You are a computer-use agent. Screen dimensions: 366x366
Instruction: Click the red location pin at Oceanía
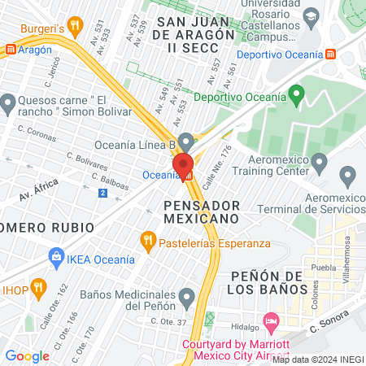pyautogui.click(x=182, y=163)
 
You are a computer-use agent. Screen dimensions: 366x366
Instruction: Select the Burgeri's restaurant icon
pyautogui.click(x=75, y=26)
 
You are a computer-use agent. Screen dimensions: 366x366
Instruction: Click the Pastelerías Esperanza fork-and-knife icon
pyautogui.click(x=147, y=240)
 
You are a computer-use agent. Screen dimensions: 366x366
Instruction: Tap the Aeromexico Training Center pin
pyautogui.click(x=320, y=165)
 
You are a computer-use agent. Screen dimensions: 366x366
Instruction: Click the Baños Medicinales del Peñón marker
pyautogui.click(x=187, y=295)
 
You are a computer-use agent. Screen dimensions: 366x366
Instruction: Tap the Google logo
pyautogui.click(x=27, y=355)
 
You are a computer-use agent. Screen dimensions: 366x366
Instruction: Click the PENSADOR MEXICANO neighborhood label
pyautogui.click(x=201, y=211)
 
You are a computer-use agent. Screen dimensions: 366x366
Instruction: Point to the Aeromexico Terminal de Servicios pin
pyautogui.click(x=349, y=176)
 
